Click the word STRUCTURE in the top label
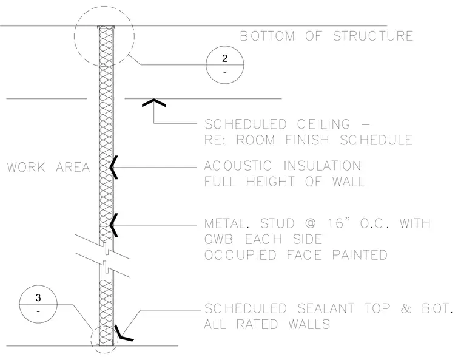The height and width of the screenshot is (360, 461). point(373,36)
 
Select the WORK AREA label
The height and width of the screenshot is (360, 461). point(48,167)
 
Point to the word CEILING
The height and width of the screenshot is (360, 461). point(323,124)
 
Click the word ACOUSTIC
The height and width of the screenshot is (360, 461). point(238,166)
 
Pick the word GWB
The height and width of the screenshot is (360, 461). point(219,239)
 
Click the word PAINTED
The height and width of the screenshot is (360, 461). point(360,255)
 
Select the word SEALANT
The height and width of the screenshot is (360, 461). point(326,308)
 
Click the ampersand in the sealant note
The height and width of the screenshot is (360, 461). point(406,308)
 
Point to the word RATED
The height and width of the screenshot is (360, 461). point(257,324)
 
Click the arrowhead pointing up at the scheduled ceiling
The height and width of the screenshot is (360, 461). point(153,103)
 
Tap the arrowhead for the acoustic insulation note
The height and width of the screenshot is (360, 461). point(114,167)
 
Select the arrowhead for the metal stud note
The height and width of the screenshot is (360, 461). point(114,225)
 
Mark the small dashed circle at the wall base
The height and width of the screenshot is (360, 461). point(91,340)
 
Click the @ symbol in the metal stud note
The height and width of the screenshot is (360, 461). point(311,223)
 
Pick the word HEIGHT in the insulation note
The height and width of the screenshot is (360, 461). point(270,182)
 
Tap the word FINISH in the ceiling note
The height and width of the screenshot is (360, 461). point(308,140)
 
